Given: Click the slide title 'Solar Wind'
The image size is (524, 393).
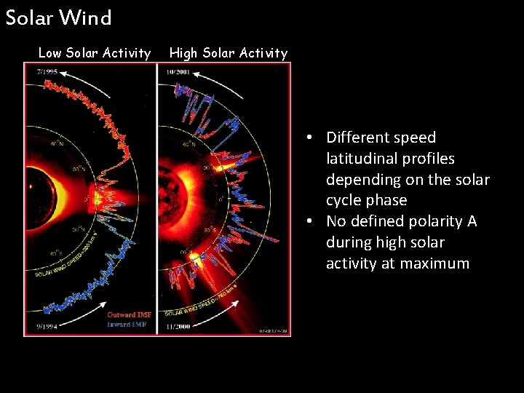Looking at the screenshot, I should tap(58, 17).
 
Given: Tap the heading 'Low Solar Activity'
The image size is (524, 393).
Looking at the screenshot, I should tap(94, 52).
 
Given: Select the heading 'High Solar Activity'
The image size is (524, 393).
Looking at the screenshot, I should tap(229, 52).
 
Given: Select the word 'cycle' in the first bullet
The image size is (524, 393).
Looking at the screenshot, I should tap(346, 200).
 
